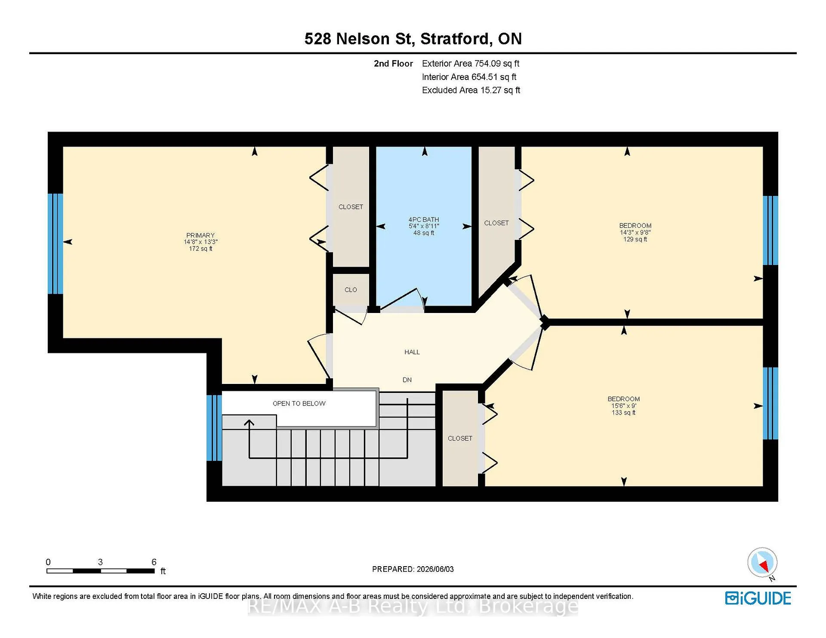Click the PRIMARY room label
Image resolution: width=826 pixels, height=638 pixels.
[x=200, y=235]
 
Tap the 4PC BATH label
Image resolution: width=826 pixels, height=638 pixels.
[x=424, y=219]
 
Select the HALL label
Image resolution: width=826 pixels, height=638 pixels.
[x=412, y=352]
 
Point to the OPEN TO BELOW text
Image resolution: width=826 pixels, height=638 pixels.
[x=299, y=403]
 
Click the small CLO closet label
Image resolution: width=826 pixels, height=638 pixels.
[x=351, y=290]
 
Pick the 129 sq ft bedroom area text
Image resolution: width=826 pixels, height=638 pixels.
[x=635, y=239]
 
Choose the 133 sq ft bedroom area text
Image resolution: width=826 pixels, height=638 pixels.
[x=624, y=413]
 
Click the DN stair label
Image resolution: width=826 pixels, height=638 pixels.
[x=407, y=380]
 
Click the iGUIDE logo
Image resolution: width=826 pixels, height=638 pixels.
[x=758, y=598]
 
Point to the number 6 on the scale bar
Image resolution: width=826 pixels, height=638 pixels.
[x=154, y=562]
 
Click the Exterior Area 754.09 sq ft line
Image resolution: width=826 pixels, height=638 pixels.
[x=471, y=64]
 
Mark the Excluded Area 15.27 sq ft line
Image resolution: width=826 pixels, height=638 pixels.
[x=471, y=90]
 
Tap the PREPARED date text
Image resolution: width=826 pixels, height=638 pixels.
[x=413, y=569]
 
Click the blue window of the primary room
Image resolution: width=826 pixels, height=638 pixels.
[x=55, y=244]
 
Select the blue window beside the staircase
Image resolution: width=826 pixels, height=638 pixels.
[x=214, y=428]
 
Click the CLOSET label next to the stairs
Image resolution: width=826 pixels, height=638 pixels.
[x=460, y=439]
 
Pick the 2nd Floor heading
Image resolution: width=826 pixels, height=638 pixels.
[x=393, y=64]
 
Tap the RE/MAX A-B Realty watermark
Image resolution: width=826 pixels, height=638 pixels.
[x=413, y=607]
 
